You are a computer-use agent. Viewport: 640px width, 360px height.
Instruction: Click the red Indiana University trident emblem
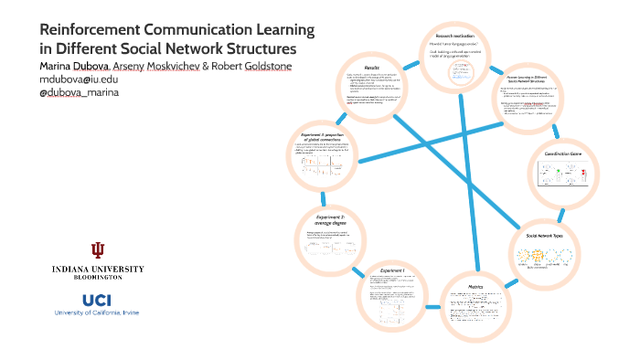click(x=98, y=250)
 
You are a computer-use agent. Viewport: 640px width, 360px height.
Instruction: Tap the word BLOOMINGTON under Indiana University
click(x=98, y=276)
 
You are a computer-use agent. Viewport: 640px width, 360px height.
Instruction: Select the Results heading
click(x=371, y=67)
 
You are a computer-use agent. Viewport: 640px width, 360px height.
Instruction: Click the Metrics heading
click(x=476, y=286)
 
